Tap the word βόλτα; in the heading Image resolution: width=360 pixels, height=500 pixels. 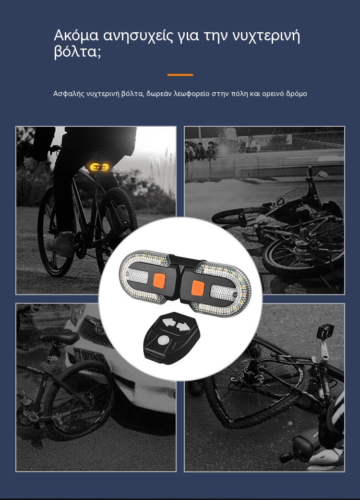[77, 52]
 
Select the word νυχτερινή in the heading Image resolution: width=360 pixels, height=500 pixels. [266, 36]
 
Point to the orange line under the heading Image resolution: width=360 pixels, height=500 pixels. [180, 75]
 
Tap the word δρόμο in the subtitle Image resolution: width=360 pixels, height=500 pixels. [297, 94]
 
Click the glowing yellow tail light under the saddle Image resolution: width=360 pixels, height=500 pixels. [99, 167]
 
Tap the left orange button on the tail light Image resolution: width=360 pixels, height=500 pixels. [159, 281]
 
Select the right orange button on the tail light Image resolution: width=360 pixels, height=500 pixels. [198, 288]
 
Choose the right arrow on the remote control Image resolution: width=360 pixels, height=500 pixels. [182, 327]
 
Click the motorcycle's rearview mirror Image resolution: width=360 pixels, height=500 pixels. [323, 174]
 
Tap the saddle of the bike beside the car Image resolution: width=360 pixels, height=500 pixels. [61, 336]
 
